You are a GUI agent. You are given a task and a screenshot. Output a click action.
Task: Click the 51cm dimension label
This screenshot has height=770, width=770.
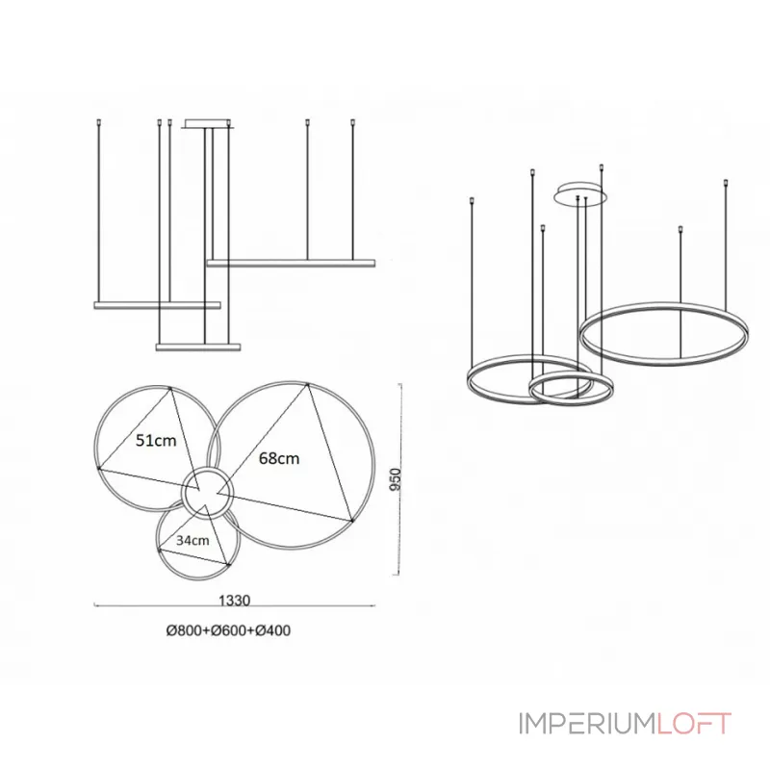tap(155, 442)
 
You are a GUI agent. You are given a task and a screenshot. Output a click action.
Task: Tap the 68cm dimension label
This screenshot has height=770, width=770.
tap(279, 459)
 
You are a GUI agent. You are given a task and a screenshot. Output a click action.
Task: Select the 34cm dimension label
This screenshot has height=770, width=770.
tap(193, 540)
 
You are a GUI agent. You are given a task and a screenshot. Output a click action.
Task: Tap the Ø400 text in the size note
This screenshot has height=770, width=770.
tap(272, 631)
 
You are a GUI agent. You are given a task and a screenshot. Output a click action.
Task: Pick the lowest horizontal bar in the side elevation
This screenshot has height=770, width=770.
tap(197, 345)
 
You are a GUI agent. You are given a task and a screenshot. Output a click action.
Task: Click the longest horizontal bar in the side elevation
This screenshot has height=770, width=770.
tap(290, 261)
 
